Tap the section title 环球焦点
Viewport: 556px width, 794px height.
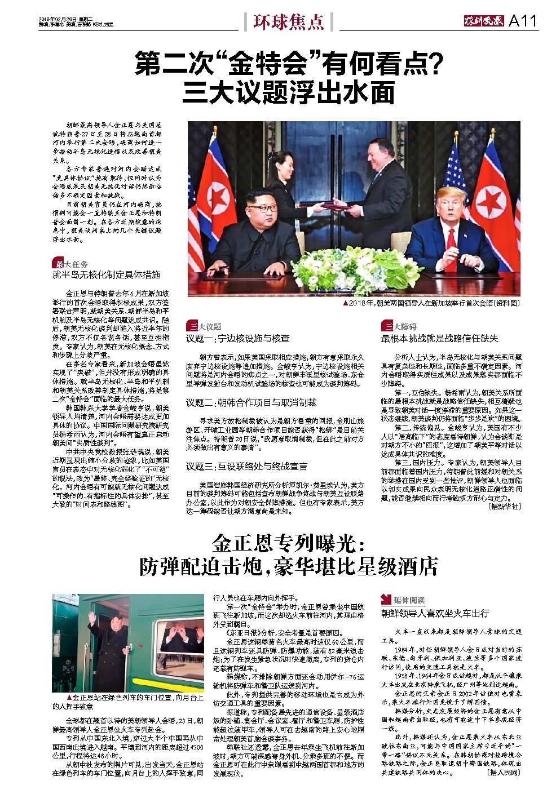[288, 21]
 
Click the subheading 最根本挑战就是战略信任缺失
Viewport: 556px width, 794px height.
[440, 338]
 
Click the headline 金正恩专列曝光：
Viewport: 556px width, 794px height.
[289, 544]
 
